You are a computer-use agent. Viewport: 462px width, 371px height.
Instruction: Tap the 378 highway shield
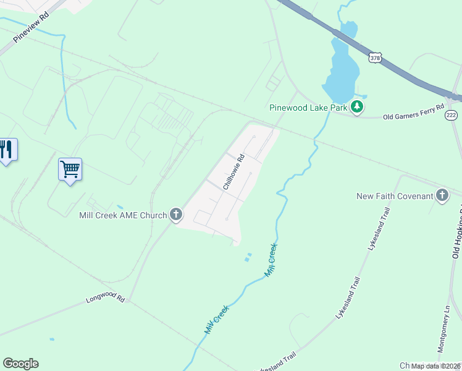pos(375,58)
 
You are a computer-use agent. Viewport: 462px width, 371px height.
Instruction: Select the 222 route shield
pos(451,115)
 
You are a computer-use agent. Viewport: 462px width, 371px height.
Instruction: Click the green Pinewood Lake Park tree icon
pos(356,107)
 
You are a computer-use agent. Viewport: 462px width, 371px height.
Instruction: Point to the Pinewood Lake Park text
pos(308,108)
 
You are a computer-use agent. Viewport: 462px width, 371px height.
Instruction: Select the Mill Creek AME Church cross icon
pos(176,215)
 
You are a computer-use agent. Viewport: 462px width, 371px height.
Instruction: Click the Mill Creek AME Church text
pos(123,215)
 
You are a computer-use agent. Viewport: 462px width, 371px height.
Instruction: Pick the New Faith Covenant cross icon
pos(442,196)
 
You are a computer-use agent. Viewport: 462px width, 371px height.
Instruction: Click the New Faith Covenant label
pos(395,197)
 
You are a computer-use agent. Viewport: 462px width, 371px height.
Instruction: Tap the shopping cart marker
pos(70,168)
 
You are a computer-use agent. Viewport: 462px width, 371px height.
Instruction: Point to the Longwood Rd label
pos(106,300)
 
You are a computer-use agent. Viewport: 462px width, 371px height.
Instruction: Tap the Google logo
pos(20,364)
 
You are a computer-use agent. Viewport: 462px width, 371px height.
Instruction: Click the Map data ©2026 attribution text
pos(435,366)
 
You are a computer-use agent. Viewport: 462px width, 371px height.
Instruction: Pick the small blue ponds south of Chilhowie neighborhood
pos(248,256)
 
